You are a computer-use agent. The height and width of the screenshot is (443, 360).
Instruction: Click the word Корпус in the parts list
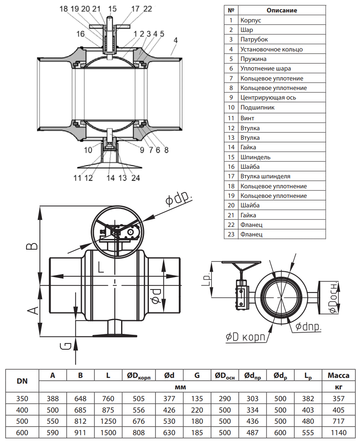250,20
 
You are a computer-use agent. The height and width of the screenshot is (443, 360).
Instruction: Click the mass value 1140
338,432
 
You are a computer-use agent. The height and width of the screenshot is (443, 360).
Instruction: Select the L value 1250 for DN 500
108,421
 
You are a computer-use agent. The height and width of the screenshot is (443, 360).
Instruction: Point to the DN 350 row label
22,399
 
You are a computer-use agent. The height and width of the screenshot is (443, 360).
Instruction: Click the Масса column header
338,375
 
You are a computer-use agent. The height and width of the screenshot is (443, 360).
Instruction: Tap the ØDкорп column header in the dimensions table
139,376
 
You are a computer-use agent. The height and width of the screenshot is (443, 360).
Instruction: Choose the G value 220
197,410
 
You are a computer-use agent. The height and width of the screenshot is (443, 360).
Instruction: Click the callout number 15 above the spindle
113,8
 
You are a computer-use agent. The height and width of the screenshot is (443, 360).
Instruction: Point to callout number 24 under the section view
136,178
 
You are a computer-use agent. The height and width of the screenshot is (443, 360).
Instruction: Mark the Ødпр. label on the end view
309,327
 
